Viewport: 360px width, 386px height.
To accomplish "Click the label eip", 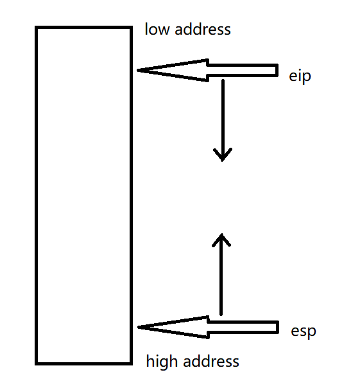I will coord(300,77).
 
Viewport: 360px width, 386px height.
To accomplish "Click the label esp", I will coord(304,332).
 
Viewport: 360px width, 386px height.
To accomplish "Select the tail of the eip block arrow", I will coord(276,70).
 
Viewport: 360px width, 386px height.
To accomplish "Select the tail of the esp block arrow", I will coord(277,328).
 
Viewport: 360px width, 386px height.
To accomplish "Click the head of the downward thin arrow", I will coord(223,158).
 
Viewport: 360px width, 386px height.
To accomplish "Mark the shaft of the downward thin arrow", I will coord(223,116).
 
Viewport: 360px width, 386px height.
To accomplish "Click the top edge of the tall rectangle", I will coord(83,28).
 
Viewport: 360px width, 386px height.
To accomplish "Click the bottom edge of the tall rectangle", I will coord(83,364).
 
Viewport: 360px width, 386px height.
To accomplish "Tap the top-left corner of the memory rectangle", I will coord(37,28).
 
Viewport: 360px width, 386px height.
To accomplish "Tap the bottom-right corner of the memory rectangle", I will coord(131,364).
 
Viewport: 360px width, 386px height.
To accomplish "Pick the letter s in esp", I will coord(304,332).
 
